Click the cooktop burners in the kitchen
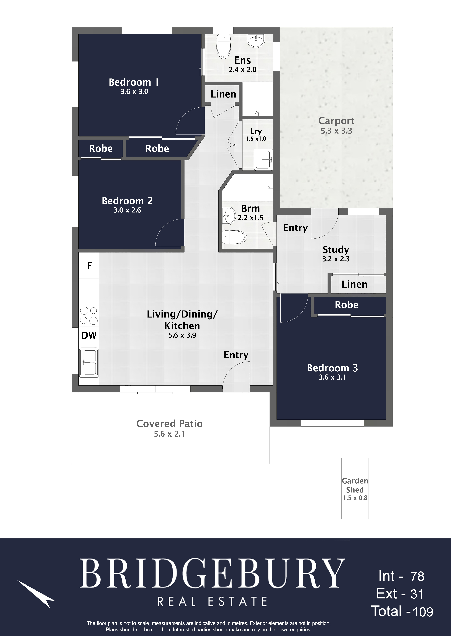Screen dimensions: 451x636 click(x=89, y=316)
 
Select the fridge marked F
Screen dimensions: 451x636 click(x=89, y=266)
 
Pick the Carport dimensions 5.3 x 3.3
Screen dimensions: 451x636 click(x=336, y=131)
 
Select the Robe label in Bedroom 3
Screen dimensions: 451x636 click(x=347, y=305)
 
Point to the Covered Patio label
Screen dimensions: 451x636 click(x=169, y=424)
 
